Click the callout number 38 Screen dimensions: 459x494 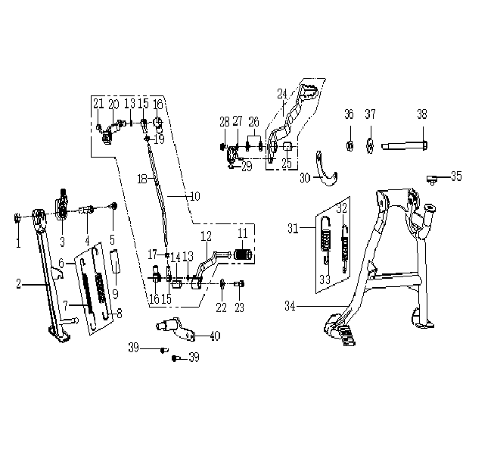(422, 114)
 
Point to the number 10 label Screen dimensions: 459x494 (195, 196)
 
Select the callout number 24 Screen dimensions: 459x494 (282, 94)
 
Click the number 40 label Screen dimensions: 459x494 (215, 336)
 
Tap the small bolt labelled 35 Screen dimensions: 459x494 (433, 178)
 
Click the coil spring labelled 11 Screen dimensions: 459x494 (243, 254)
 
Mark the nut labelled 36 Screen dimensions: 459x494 (350, 143)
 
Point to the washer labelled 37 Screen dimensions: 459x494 (371, 144)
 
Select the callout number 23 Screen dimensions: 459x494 (241, 308)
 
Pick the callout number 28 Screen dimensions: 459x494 (224, 122)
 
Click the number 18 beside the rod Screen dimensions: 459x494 (141, 178)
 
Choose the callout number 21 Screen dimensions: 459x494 (98, 103)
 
